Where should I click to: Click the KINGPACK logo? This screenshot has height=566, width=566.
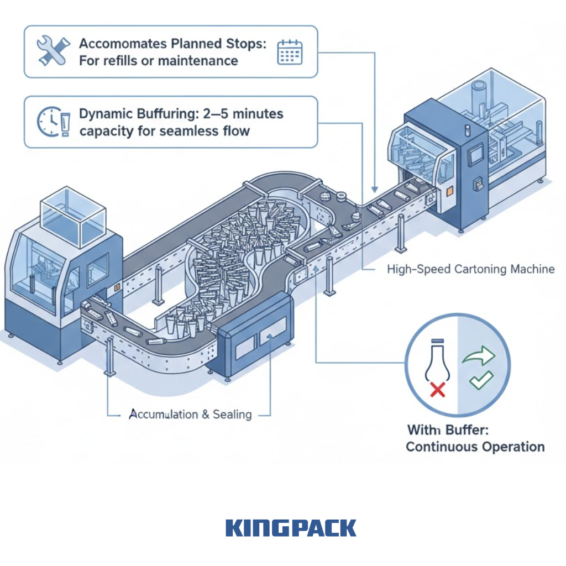(291, 528)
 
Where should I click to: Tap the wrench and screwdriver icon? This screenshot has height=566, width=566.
(53, 51)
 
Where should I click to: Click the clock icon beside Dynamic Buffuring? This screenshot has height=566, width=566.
(48, 122)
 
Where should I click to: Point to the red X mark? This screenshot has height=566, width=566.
(437, 390)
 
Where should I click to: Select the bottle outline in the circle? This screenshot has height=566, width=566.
(436, 360)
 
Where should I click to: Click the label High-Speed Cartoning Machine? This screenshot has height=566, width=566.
(470, 269)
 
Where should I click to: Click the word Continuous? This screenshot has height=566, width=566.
(447, 447)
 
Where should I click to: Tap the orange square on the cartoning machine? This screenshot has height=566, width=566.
(448, 190)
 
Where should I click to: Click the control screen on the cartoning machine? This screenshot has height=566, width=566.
(474, 156)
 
